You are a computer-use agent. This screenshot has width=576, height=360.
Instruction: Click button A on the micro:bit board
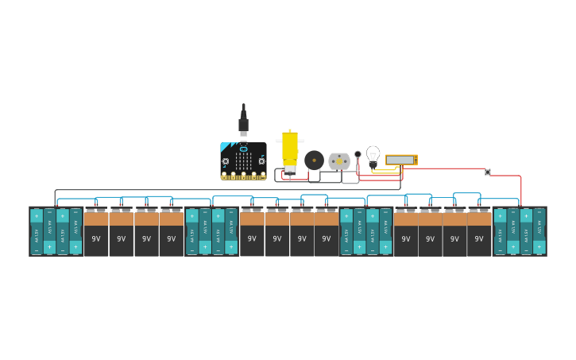226,161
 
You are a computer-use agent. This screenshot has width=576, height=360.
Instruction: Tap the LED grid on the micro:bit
243,161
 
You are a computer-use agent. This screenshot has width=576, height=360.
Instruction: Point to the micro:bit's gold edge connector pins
243,176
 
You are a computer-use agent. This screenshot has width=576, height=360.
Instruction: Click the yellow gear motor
290,149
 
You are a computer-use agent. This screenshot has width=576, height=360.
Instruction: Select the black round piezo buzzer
314,161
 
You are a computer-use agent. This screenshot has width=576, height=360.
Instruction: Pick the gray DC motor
339,161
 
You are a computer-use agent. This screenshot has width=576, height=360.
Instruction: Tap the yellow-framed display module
401,160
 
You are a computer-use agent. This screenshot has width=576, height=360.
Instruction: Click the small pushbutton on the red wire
488,172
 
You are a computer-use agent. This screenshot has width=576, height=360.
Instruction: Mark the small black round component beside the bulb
358,154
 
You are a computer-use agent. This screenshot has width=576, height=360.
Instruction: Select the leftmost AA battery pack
56,231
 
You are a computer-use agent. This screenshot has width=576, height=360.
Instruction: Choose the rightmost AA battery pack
520,231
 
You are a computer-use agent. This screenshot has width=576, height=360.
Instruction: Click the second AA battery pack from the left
211,231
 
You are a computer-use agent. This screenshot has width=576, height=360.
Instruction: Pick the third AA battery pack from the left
365,231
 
